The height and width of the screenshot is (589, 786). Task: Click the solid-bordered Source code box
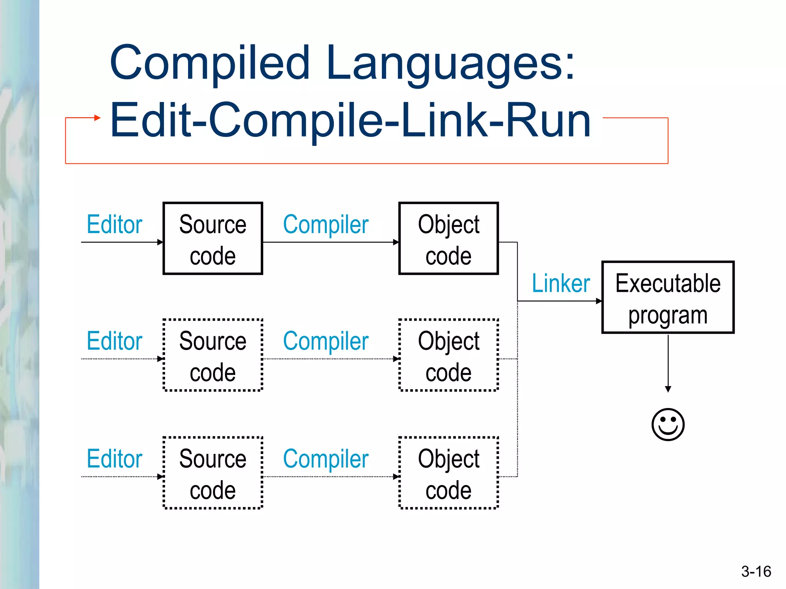[x=213, y=239]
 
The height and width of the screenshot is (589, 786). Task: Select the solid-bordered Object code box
[x=448, y=239]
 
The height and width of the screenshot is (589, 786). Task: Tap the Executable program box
[x=668, y=298]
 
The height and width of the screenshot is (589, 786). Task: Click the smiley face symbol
[x=668, y=424]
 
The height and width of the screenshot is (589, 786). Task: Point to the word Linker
[x=560, y=283]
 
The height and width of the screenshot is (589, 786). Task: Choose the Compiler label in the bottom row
[x=325, y=459]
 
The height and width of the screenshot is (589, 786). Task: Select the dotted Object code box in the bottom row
[x=448, y=473]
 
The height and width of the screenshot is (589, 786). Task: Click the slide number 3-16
[x=756, y=571]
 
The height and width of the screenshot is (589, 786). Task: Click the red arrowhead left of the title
[x=97, y=118]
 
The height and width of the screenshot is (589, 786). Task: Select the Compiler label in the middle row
[x=325, y=341]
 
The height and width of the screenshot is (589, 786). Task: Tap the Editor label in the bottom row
[x=114, y=459]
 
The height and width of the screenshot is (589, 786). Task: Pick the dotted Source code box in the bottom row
[x=213, y=473]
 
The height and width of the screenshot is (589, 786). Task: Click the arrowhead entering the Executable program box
[x=599, y=301]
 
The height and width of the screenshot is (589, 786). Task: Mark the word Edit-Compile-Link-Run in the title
[x=350, y=120]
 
